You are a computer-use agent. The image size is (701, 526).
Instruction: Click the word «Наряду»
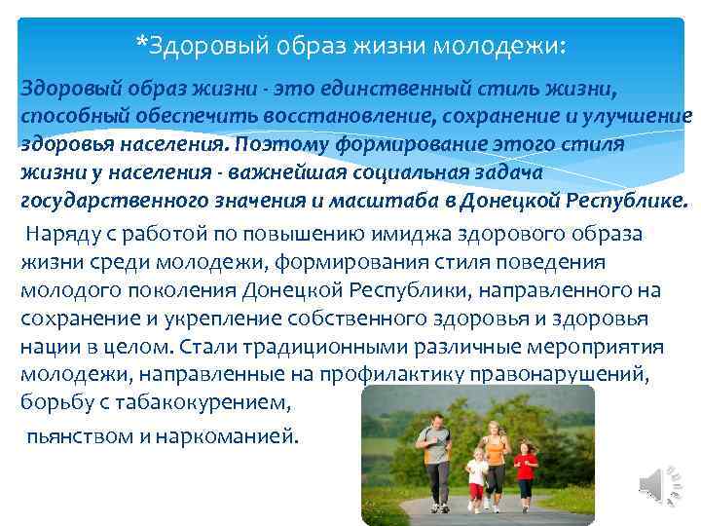click(x=60, y=235)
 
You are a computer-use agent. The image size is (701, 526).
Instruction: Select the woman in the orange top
click(x=495, y=458)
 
